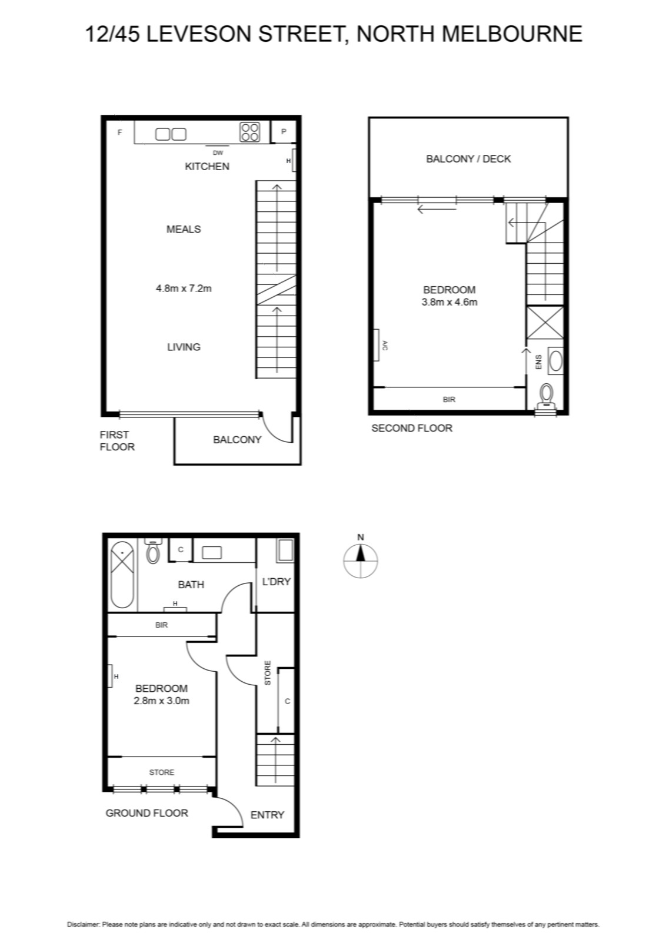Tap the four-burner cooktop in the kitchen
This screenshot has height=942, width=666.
click(x=249, y=132)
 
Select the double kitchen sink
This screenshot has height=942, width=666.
click(x=171, y=134)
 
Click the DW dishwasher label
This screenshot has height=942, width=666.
click(x=218, y=152)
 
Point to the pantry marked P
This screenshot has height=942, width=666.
click(x=284, y=132)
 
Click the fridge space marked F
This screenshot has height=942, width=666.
click(x=120, y=132)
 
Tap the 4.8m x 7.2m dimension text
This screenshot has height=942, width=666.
click(x=184, y=288)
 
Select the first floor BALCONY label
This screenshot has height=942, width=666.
click(x=237, y=440)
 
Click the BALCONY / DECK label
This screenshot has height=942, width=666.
click(x=468, y=159)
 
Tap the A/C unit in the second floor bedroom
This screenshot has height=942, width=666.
click(x=377, y=345)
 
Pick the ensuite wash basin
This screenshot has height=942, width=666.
click(x=555, y=361)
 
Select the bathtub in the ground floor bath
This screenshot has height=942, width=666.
click(x=122, y=575)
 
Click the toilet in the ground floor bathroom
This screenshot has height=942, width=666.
click(x=153, y=551)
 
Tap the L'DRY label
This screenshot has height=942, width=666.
click(x=276, y=582)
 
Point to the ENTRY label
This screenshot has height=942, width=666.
click(x=267, y=815)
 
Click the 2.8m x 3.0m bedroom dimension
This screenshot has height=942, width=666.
click(x=161, y=701)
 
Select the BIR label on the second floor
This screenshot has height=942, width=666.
click(x=449, y=400)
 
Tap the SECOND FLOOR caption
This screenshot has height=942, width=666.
click(x=412, y=428)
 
